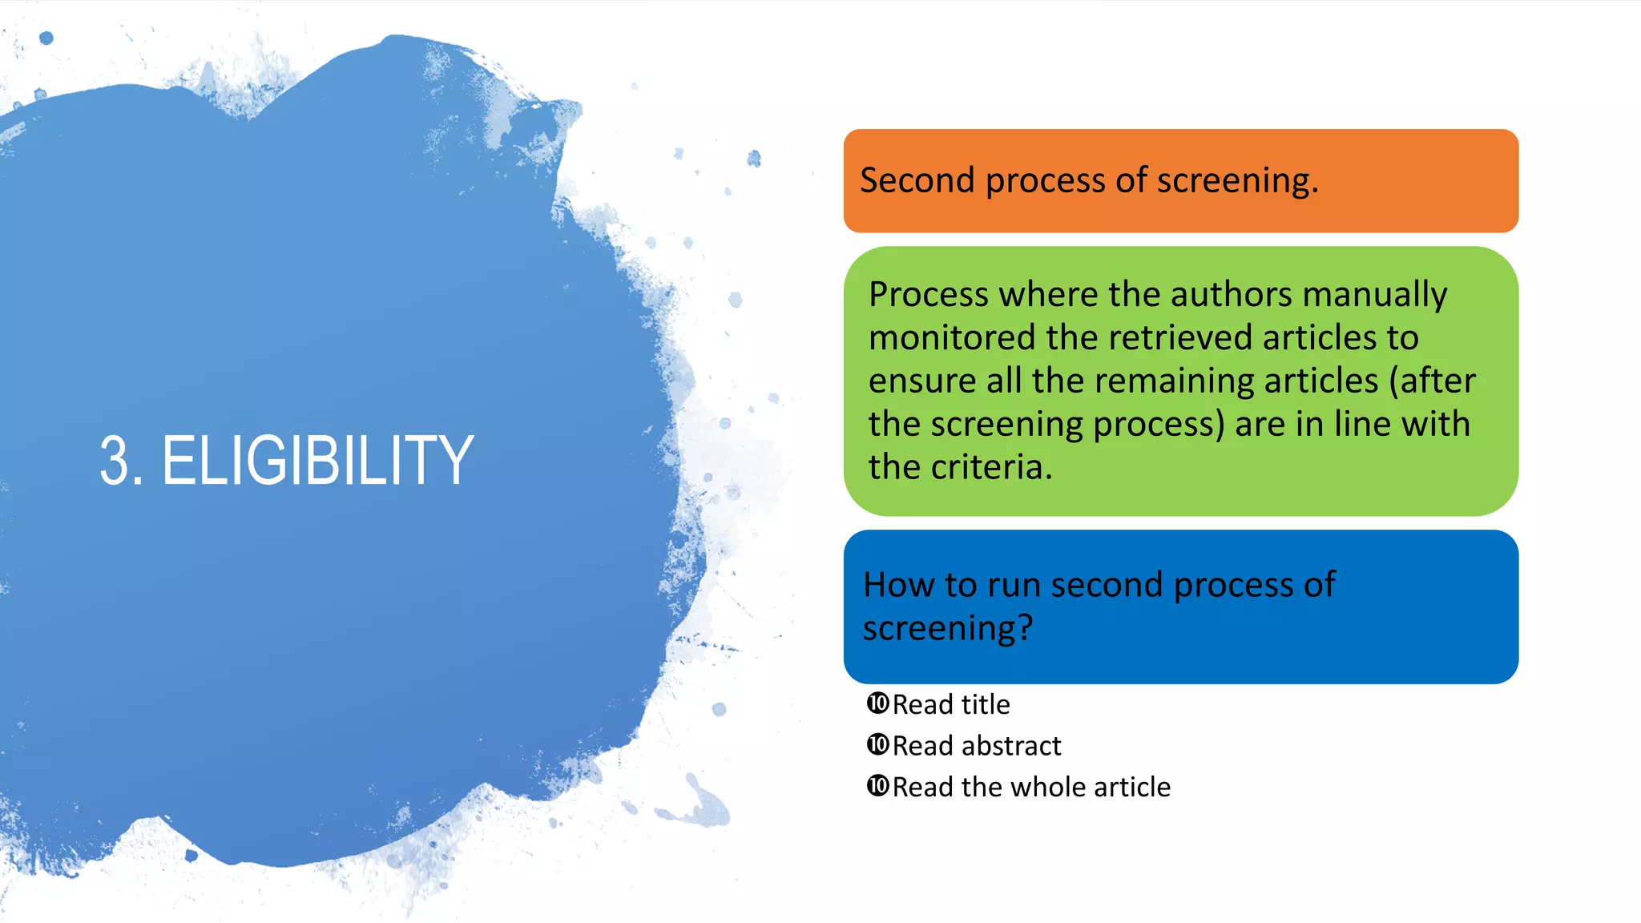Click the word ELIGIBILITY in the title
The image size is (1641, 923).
tap(317, 461)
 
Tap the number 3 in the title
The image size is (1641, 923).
tap(115, 461)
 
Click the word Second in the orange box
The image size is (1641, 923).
tap(917, 180)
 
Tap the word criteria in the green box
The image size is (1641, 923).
tap(991, 467)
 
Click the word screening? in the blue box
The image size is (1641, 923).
tap(947, 629)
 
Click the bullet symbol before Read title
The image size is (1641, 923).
tap(877, 703)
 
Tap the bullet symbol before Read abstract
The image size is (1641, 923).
tap(877, 745)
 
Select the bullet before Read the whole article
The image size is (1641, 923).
tap(877, 786)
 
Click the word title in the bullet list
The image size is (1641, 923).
tap(986, 704)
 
